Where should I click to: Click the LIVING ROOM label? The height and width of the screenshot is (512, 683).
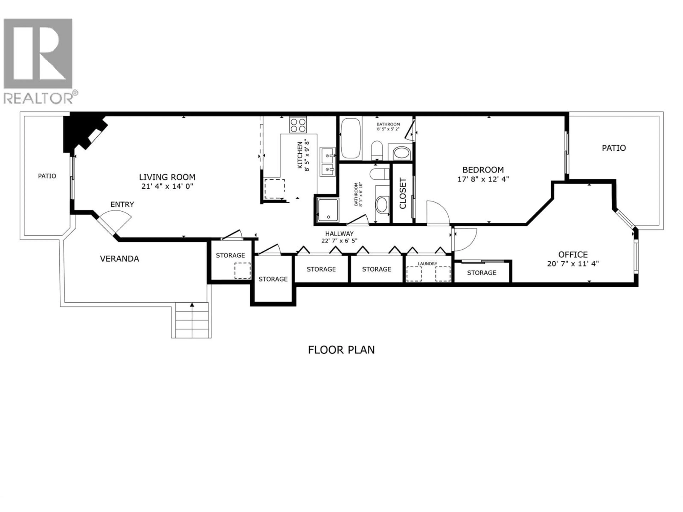pos(167,177)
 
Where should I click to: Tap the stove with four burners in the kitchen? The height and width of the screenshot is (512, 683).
pos(298,125)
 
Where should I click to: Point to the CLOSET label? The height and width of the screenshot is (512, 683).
pos(403,193)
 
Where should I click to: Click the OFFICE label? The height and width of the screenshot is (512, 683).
pos(573,255)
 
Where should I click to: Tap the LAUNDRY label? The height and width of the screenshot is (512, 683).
pos(427,264)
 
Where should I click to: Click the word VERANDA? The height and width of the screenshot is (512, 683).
pos(120,259)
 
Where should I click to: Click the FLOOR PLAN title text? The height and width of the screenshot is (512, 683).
pos(341,350)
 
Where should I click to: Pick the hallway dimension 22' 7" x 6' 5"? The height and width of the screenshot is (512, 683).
pos(339,241)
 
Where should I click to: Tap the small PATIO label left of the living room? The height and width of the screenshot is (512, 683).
pos(47,176)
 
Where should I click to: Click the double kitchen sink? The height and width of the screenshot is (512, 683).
pos(327,162)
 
